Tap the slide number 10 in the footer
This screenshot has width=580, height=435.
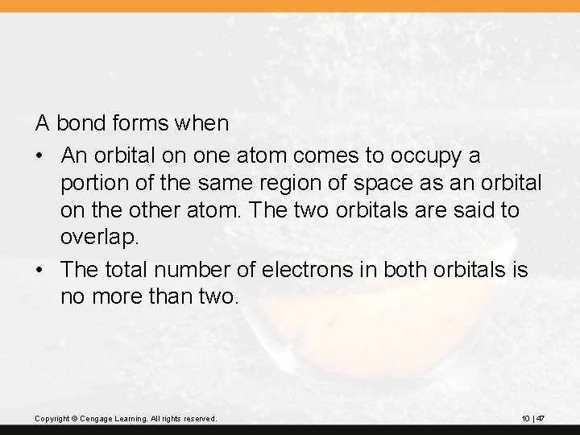525,418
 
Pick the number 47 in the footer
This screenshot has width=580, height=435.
541,418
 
